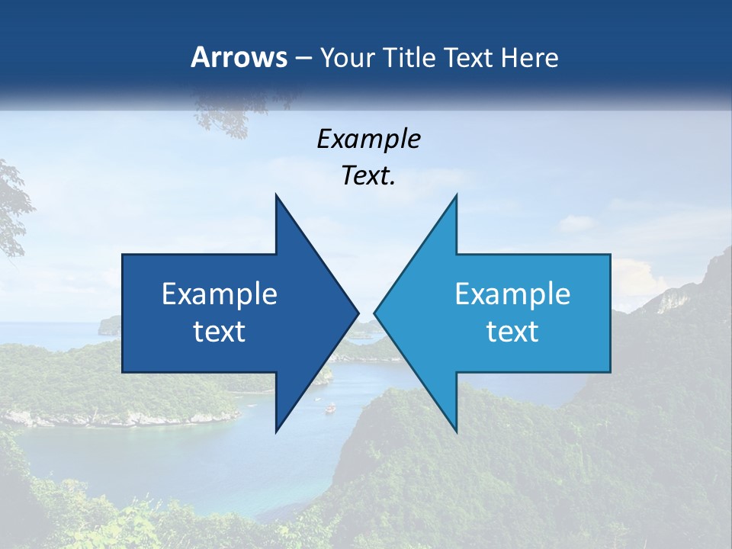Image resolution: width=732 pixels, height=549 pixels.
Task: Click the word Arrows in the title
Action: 239,57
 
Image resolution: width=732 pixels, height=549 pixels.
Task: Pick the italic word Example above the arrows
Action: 368,139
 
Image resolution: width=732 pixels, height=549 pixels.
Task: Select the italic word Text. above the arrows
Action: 368,176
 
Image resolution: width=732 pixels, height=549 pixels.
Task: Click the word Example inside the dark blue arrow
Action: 220,294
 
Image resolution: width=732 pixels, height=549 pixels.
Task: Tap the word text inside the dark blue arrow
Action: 220,332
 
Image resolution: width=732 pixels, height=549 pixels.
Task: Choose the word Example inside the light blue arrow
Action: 512,294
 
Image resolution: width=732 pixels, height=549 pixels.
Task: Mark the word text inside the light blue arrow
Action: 512,332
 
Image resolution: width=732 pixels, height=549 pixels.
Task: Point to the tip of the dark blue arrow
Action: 358,313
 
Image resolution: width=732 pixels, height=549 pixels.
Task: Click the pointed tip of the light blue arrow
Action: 375,313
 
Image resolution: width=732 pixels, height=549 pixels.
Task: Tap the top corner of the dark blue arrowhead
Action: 276,195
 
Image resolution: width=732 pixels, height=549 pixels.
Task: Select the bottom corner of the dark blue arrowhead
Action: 276,432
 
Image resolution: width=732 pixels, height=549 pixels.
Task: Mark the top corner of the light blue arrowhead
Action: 456,195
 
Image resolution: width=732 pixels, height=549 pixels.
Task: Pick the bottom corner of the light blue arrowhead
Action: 456,432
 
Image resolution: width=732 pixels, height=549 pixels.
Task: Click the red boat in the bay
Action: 330,408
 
